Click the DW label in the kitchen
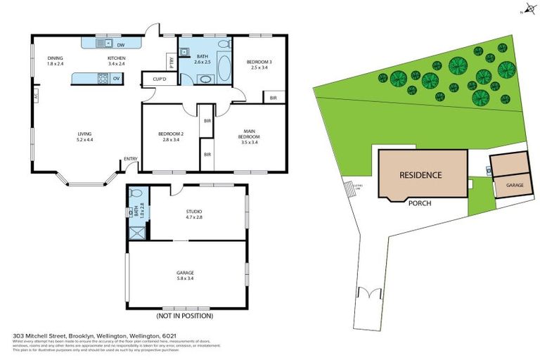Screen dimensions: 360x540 click(122, 45)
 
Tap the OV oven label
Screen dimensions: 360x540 click(117, 78)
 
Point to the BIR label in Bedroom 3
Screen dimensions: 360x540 click(274, 98)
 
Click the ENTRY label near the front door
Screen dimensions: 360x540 click(131, 159)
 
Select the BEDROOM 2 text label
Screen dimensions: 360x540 click(171, 136)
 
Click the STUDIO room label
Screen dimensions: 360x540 click(195, 212)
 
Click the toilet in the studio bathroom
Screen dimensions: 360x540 click(136, 193)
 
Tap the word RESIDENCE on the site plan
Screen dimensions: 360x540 click(420, 175)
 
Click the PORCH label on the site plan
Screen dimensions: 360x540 click(420, 203)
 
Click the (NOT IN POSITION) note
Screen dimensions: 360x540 click(187, 316)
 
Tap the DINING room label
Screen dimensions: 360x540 click(56, 60)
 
